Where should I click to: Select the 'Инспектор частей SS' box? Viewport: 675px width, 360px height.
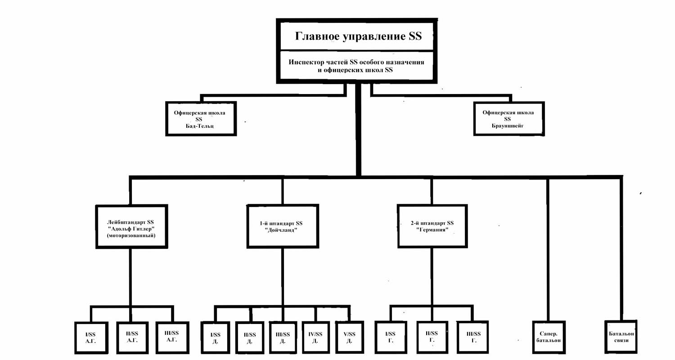[357, 66]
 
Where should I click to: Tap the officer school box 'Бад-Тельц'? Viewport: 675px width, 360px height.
[201, 119]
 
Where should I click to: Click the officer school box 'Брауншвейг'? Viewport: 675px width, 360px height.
[509, 119]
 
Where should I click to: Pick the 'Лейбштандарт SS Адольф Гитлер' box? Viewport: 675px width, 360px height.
[131, 226]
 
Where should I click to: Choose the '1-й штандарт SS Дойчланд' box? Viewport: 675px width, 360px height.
[282, 226]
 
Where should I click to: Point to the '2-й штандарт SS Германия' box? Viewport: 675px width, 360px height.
[432, 226]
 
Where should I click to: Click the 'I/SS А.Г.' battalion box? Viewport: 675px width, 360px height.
[91, 337]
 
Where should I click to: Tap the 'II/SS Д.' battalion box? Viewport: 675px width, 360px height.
[250, 337]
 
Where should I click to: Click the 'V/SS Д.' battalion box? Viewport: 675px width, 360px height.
[350, 337]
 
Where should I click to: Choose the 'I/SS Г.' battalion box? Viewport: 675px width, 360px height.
[391, 337]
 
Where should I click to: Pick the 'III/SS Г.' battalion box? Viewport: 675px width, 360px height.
[472, 337]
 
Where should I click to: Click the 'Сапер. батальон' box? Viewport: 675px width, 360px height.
[549, 337]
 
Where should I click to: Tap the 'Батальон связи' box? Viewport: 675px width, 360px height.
[621, 337]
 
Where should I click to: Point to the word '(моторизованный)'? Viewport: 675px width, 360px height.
[131, 236]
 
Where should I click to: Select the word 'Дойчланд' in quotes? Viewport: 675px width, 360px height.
[281, 230]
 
